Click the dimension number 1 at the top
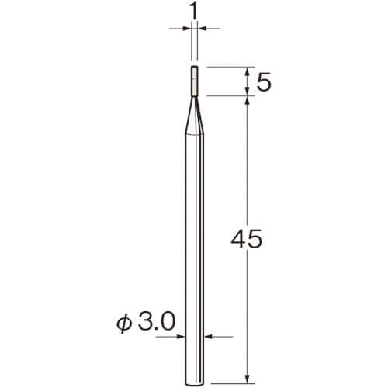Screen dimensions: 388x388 [x=194, y=12]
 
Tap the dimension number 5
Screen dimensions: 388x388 [x=264, y=81]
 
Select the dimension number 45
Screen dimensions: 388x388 [x=247, y=239]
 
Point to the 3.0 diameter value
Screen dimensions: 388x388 [x=157, y=322]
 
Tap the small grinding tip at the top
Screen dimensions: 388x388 [x=194, y=81]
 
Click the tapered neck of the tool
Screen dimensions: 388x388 [x=194, y=116]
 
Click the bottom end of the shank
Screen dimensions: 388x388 [x=195, y=383]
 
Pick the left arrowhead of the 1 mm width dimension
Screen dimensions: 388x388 [x=187, y=29]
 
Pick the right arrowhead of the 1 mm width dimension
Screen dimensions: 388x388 [x=202, y=29]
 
